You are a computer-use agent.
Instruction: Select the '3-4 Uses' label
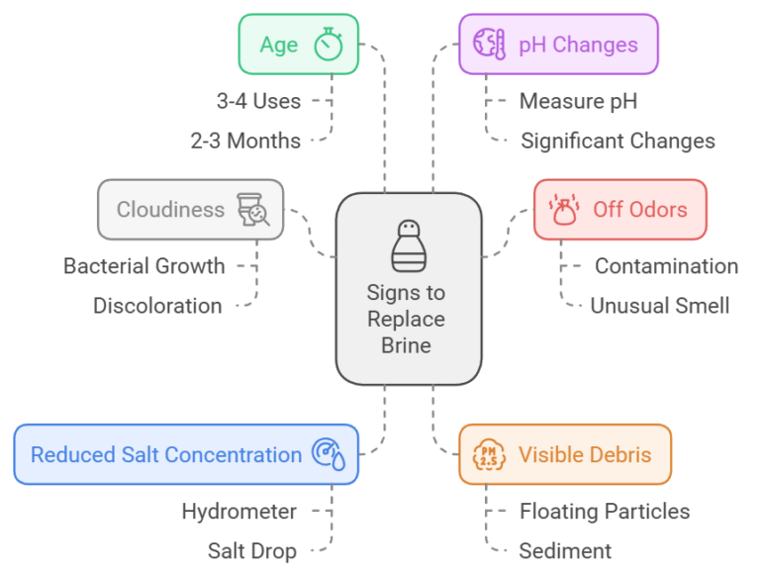[x=258, y=100]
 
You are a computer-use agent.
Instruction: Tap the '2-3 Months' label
[x=245, y=141]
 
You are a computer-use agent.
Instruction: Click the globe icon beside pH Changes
[x=490, y=45]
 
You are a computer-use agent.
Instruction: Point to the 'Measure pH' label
[x=578, y=100]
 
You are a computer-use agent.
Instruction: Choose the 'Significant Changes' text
[x=617, y=141]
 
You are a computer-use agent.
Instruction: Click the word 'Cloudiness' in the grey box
[x=170, y=209]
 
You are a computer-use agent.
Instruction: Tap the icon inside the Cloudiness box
[x=253, y=210]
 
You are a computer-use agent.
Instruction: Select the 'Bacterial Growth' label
[x=144, y=265]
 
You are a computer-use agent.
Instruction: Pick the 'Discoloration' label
[x=157, y=306]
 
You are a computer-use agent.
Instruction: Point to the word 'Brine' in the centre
[x=407, y=346]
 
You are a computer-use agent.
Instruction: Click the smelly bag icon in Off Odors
[x=564, y=210]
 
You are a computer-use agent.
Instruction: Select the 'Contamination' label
[x=666, y=265]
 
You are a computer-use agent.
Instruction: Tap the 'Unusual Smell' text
[x=659, y=306]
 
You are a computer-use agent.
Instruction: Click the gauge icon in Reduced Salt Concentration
[x=329, y=455]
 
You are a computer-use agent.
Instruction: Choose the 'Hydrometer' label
[x=238, y=511]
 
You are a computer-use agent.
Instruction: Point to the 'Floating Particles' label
[x=604, y=511]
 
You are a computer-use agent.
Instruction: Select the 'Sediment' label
[x=565, y=551]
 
